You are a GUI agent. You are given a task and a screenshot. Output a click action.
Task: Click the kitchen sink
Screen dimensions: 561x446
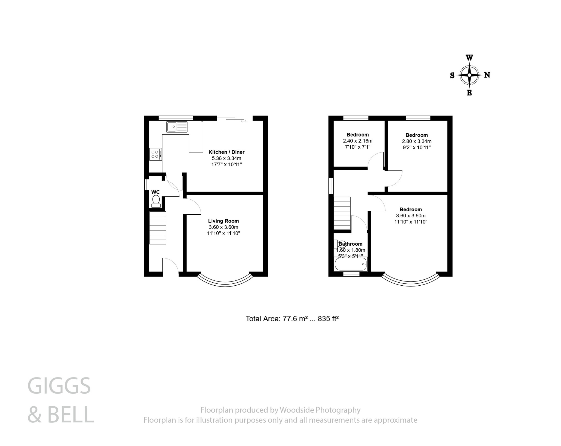(177, 127)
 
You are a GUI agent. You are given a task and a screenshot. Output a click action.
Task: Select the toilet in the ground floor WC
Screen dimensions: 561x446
(156, 201)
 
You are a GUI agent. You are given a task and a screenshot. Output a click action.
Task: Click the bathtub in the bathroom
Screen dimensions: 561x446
(351, 264)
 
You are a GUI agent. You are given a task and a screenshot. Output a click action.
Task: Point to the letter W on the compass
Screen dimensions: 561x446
(470, 58)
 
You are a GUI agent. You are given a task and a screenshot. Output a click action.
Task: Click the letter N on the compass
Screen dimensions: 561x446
(487, 75)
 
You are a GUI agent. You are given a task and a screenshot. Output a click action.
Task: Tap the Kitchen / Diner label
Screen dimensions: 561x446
(227, 152)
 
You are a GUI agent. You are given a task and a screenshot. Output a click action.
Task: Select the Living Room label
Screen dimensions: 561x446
(224, 221)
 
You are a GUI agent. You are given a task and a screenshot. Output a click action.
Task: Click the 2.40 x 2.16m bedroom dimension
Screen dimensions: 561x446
(358, 141)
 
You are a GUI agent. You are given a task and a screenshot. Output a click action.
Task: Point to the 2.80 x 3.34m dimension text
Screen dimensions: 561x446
(417, 141)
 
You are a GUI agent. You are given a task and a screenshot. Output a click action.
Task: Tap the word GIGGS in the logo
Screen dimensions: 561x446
(59, 386)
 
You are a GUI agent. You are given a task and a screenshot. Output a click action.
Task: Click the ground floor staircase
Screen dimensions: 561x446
(158, 228)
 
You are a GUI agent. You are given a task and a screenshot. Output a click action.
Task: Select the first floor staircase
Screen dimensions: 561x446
(342, 213)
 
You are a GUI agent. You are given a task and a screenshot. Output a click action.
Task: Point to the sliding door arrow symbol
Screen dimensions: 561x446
(244, 121)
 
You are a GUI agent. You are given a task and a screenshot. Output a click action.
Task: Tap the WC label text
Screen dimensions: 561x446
(156, 192)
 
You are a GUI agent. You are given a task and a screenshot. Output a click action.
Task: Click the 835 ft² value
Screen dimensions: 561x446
(328, 319)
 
